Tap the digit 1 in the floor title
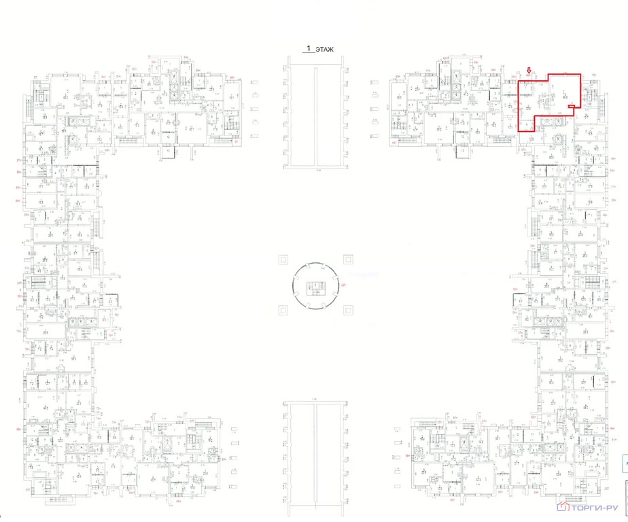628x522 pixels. pos(309,49)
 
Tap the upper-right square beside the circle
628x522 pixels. pos(348,259)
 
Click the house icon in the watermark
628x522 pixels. pos(562,507)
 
